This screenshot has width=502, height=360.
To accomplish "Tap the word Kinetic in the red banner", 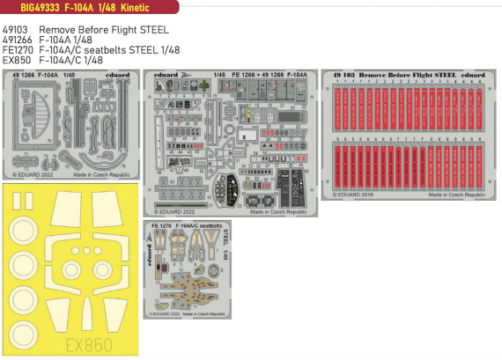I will click(x=133, y=8).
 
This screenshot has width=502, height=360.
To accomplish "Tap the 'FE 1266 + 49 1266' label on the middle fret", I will click(x=255, y=77).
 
